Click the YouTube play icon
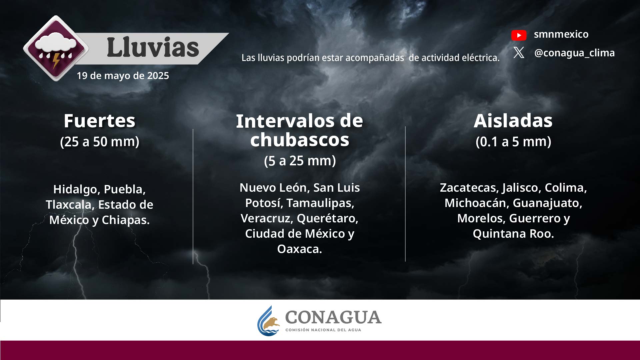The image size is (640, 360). pyautogui.click(x=519, y=35)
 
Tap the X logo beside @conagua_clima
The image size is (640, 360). pyautogui.click(x=519, y=53)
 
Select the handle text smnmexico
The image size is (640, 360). pyautogui.click(x=561, y=34)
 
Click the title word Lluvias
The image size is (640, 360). pyautogui.click(x=153, y=47)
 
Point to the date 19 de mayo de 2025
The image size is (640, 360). pyautogui.click(x=123, y=76)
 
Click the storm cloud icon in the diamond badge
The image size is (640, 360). pyautogui.click(x=55, y=48)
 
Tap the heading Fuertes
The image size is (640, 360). pyautogui.click(x=99, y=121)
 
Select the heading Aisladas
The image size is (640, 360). pyautogui.click(x=513, y=121)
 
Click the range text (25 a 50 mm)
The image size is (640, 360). pyautogui.click(x=99, y=142)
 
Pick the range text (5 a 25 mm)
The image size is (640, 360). pyautogui.click(x=300, y=161)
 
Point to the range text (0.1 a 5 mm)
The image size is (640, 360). pyautogui.click(x=513, y=142)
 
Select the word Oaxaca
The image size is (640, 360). pyautogui.click(x=299, y=249)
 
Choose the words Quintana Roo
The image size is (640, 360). pyautogui.click(x=513, y=234)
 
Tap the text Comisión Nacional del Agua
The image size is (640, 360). pyautogui.click(x=323, y=330)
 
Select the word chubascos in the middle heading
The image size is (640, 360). pyautogui.click(x=300, y=140)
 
